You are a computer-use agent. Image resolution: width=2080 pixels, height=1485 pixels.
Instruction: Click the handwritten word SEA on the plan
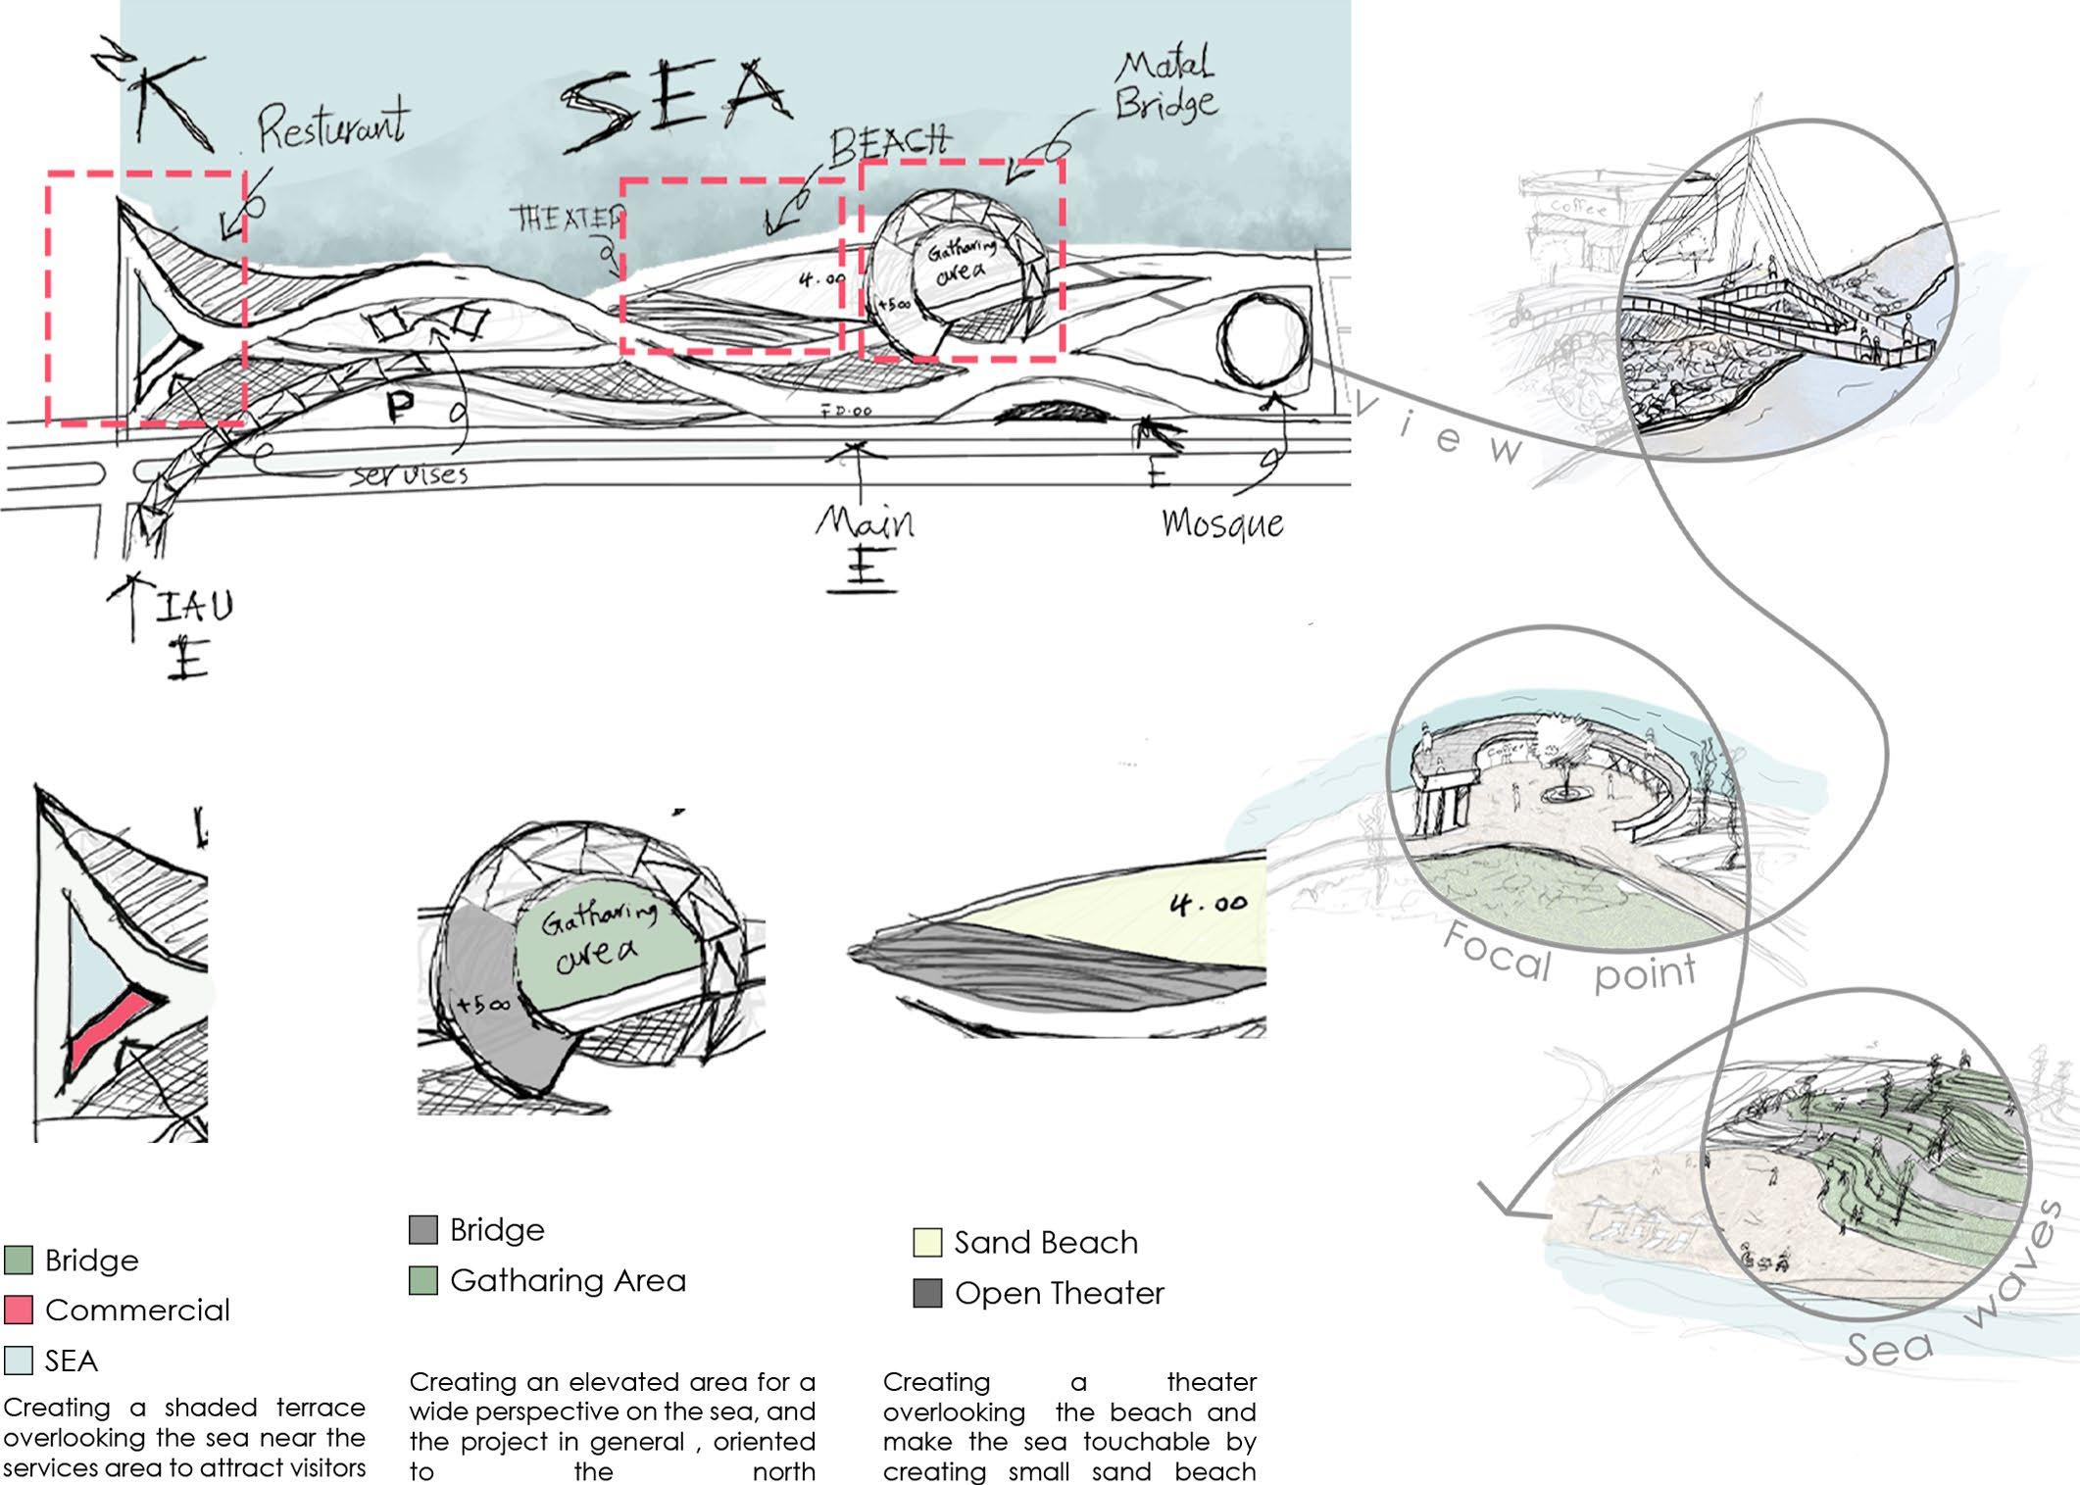pyautogui.click(x=676, y=103)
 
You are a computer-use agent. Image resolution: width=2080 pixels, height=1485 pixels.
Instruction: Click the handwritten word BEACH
pyautogui.click(x=889, y=144)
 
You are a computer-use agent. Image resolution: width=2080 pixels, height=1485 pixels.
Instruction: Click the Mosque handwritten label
pyautogui.click(x=1222, y=523)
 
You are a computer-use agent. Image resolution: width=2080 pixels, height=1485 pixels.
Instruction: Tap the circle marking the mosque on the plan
pyautogui.click(x=1263, y=339)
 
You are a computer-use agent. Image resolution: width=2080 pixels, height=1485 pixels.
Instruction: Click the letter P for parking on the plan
pyautogui.click(x=399, y=406)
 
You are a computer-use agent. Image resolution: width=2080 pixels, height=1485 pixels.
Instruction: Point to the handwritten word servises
pyautogui.click(x=410, y=475)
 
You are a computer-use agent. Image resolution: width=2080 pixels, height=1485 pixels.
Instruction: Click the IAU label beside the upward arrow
pyautogui.click(x=196, y=607)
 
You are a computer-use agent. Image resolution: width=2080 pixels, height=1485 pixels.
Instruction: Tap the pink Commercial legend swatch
pyautogui.click(x=19, y=1310)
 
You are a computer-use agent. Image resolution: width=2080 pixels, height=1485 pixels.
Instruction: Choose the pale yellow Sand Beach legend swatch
pyautogui.click(x=926, y=1242)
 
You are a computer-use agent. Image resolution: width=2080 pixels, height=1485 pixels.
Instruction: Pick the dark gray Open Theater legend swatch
pyautogui.click(x=926, y=1293)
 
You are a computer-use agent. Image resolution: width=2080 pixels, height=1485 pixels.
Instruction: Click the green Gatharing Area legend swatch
pyautogui.click(x=422, y=1280)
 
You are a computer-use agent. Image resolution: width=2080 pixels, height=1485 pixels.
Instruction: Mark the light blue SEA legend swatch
pyautogui.click(x=19, y=1361)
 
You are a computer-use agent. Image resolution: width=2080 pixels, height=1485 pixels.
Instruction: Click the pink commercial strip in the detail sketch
pyautogui.click(x=108, y=1029)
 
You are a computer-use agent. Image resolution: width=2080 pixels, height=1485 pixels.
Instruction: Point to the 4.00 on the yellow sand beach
pyautogui.click(x=1208, y=903)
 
